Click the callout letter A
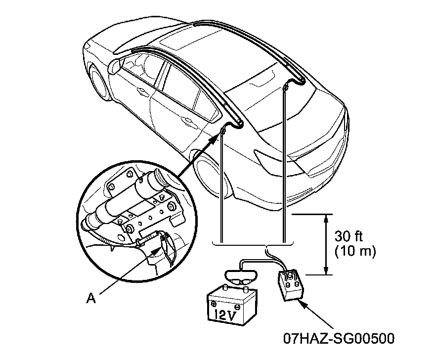coord(91,298)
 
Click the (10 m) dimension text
coord(355,251)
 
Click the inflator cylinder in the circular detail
coord(126,200)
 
